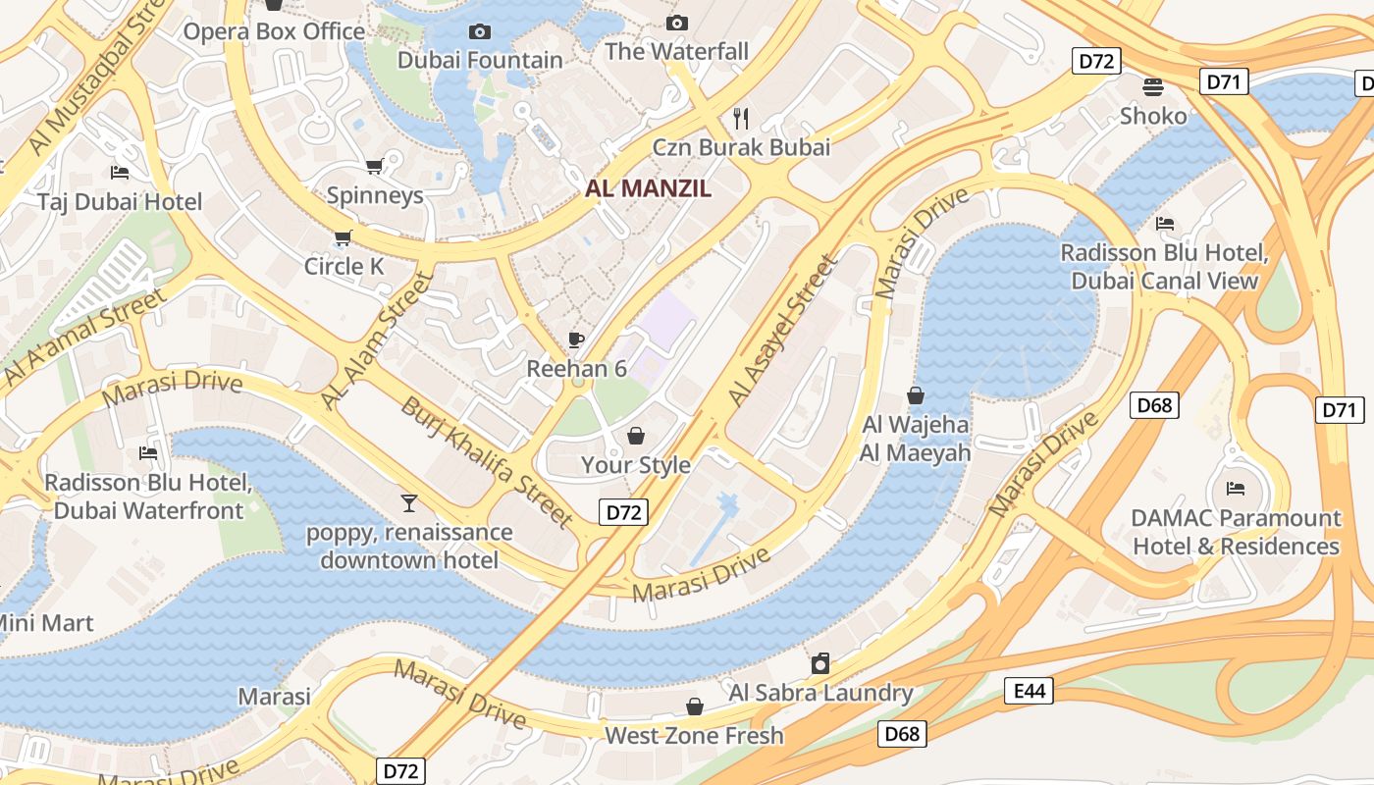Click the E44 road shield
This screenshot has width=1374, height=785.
click(1029, 692)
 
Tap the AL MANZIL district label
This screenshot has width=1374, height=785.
click(648, 188)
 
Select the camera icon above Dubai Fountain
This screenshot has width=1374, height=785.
click(479, 31)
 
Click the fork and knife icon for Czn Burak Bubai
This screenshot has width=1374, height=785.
click(741, 119)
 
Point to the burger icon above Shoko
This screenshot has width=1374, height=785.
click(1153, 87)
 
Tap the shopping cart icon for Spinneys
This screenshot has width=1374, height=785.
click(374, 166)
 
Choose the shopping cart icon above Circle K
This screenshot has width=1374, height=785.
click(343, 237)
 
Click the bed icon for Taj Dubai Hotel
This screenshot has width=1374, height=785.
click(120, 173)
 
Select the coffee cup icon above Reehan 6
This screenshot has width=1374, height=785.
click(576, 340)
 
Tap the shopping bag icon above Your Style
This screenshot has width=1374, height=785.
click(636, 436)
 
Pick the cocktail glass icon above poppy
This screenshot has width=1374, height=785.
click(409, 503)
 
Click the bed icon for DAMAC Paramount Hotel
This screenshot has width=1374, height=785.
click(1236, 488)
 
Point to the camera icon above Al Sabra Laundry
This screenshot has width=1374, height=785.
click(820, 664)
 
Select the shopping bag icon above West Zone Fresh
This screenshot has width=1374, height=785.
click(694, 706)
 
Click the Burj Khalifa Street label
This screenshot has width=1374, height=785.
click(487, 461)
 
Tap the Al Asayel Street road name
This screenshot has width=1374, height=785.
click(783, 331)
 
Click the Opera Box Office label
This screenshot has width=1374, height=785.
click(275, 31)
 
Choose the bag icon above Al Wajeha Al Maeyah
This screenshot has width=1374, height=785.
click(915, 395)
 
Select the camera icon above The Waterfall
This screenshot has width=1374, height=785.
click(676, 23)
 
